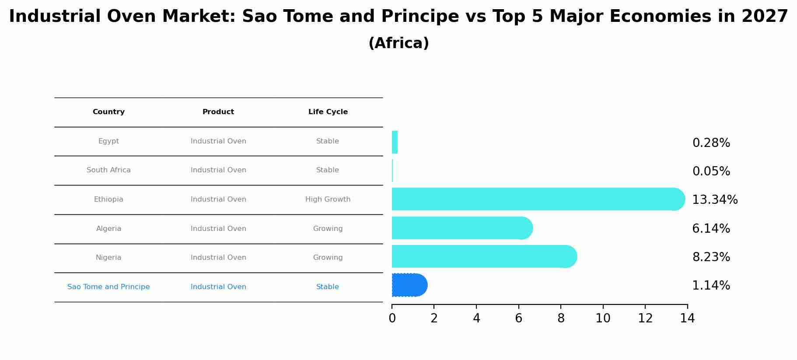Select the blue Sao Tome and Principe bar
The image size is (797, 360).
(x=409, y=285)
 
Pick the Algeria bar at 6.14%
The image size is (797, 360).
(x=462, y=228)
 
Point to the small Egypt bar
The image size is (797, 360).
(x=395, y=142)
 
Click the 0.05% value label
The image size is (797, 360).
(x=711, y=171)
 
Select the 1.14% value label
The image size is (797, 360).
(x=711, y=286)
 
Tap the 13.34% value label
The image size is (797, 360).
(x=714, y=200)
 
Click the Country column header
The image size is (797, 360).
(x=108, y=112)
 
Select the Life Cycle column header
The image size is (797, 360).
(x=328, y=112)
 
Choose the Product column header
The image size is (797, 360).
(x=218, y=112)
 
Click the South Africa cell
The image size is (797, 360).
(x=108, y=170)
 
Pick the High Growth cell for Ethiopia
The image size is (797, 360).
(x=328, y=199)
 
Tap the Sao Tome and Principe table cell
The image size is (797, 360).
(x=108, y=287)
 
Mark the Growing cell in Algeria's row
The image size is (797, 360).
(x=328, y=229)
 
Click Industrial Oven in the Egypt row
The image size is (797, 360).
(x=218, y=141)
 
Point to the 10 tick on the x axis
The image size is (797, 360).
(x=603, y=318)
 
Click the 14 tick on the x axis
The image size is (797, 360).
(x=687, y=318)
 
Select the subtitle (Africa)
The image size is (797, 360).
(x=398, y=43)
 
